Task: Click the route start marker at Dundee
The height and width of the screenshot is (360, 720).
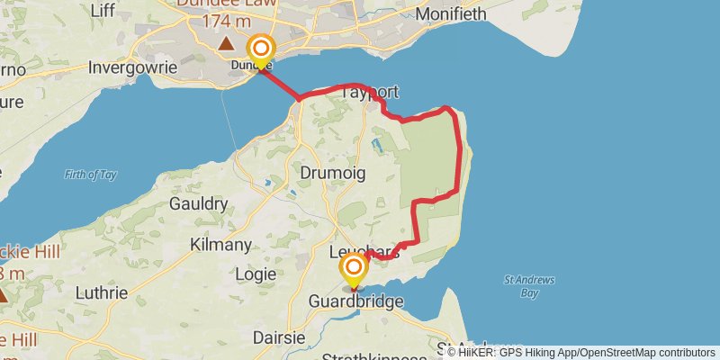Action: pyautogui.click(x=261, y=49)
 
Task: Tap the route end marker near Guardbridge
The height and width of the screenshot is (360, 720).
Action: pyautogui.click(x=354, y=268)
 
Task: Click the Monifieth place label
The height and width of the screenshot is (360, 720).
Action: pyautogui.click(x=451, y=13)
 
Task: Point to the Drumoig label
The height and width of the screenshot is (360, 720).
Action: pyautogui.click(x=332, y=171)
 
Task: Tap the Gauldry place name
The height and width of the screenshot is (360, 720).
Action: pyautogui.click(x=198, y=204)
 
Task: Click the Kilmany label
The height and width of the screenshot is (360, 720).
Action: pyautogui.click(x=221, y=244)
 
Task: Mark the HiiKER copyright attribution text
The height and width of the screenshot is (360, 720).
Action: pyautogui.click(x=580, y=352)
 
